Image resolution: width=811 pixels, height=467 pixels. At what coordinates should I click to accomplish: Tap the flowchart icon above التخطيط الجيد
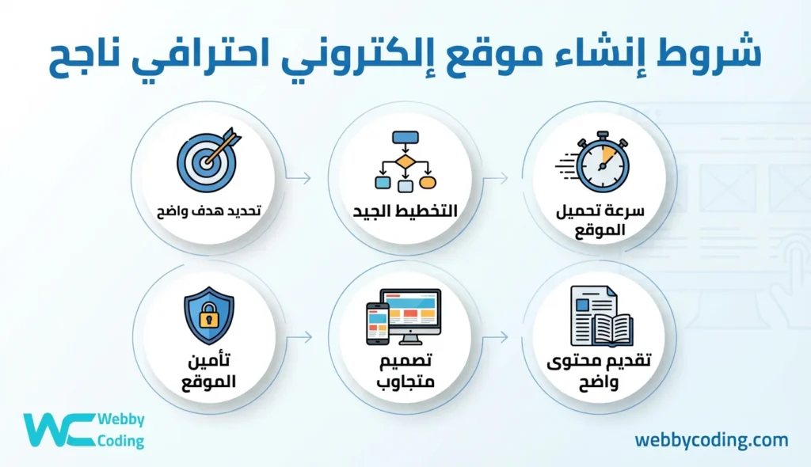pyautogui.click(x=405, y=161)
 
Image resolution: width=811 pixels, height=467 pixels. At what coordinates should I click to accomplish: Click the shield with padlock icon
pyautogui.click(x=208, y=316)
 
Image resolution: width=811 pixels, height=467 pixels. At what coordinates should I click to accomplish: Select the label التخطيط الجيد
pyautogui.click(x=405, y=214)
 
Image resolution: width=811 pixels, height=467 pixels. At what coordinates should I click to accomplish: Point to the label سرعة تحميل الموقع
pyautogui.click(x=602, y=221)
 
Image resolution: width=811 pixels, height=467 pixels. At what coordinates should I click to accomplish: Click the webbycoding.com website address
pyautogui.click(x=711, y=440)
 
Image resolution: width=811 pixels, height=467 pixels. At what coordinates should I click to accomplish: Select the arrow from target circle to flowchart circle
pyautogui.click(x=299, y=179)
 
